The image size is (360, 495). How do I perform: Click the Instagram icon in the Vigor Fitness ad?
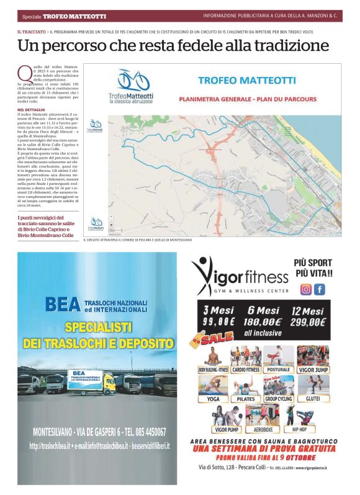coord(306,289)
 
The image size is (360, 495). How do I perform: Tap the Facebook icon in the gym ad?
coord(320,289)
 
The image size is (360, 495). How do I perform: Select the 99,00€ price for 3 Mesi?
coord(215,321)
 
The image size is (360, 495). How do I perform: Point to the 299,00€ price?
coord(308,321)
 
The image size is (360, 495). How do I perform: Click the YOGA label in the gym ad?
coord(213,399)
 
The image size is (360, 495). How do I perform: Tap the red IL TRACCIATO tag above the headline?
coord(31,31)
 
